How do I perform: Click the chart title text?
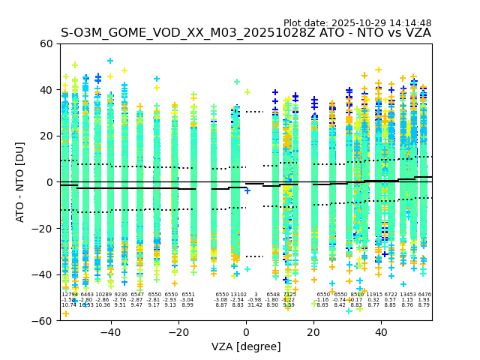click(246, 33)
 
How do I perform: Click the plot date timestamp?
click(357, 23)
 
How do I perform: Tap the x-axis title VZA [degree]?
click(246, 347)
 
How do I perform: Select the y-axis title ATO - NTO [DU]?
click(20, 182)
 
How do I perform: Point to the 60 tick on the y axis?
click(46, 43)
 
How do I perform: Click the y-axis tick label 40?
click(46, 90)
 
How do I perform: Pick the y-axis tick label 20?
click(46, 136)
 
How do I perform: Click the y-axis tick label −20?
click(43, 228)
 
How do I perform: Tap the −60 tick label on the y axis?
click(43, 320)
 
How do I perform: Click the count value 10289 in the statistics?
click(103, 295)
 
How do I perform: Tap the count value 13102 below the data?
click(238, 295)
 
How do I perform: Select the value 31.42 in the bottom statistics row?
click(255, 305)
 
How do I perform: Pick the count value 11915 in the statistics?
click(373, 295)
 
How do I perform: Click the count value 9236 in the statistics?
click(121, 295)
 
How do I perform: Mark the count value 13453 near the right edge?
click(407, 295)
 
